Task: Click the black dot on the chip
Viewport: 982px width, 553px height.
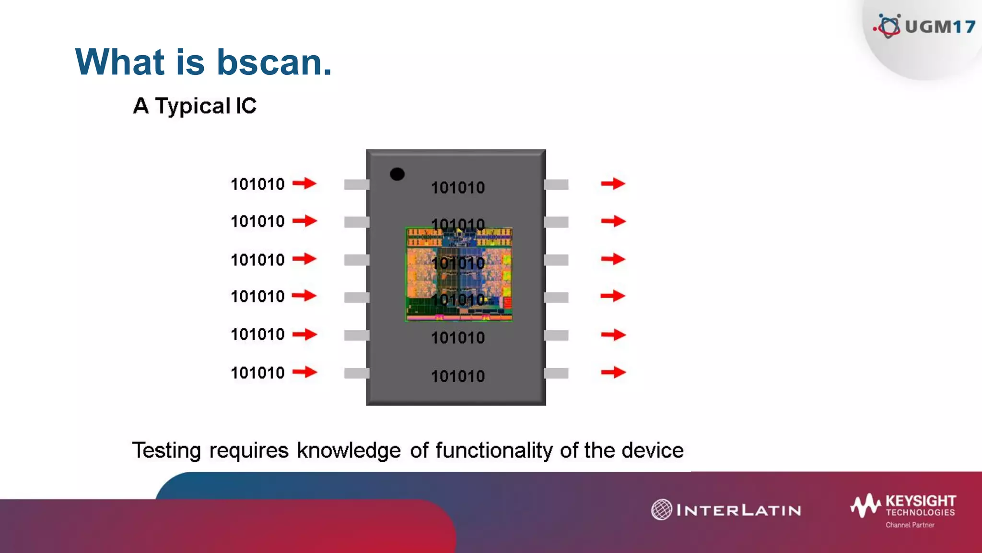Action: (x=397, y=174)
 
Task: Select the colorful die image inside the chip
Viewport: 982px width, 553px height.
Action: (x=459, y=274)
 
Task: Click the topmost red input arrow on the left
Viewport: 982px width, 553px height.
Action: (x=304, y=183)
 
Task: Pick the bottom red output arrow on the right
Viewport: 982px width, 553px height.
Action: (x=613, y=372)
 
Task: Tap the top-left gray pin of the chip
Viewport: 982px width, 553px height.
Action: (x=356, y=184)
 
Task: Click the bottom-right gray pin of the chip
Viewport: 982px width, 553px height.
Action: (x=556, y=373)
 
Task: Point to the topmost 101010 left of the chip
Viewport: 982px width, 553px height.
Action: (x=257, y=184)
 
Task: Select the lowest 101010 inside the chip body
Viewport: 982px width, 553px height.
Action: (x=458, y=376)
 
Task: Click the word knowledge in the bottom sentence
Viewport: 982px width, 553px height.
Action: (x=349, y=451)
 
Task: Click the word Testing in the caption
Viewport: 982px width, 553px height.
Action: (x=166, y=451)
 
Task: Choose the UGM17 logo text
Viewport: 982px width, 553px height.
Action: (x=940, y=27)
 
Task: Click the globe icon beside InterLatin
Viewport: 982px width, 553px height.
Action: (x=661, y=510)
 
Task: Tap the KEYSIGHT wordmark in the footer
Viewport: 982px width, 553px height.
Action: (x=921, y=501)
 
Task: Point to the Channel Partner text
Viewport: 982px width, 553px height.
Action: (x=910, y=525)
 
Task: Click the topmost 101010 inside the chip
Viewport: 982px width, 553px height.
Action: (x=458, y=187)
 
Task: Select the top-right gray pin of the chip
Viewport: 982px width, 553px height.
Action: (x=556, y=184)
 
